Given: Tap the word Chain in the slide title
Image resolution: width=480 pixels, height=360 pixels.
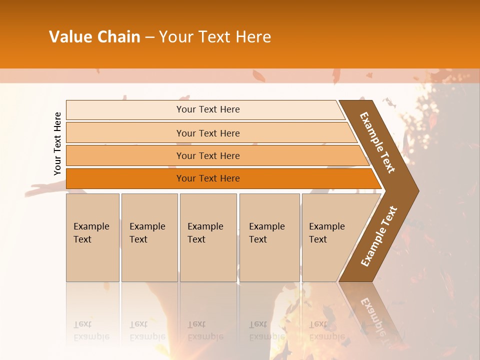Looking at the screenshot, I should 118,37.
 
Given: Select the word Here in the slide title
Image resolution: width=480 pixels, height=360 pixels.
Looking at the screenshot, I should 253,37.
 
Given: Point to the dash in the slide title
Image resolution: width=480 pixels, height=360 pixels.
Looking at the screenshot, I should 149,37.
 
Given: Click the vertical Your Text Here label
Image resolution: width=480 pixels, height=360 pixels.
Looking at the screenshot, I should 57,143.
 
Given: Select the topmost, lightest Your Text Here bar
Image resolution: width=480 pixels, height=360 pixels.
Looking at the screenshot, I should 207,109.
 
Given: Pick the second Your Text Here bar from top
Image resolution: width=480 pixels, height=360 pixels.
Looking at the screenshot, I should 207,133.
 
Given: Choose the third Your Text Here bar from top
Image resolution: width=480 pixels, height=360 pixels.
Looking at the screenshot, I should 207,155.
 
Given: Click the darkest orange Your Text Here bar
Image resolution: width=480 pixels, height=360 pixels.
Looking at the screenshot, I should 207,178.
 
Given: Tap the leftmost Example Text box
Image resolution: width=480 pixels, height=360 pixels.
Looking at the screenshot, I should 92,237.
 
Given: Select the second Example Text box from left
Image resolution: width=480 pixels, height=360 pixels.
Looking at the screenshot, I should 149,237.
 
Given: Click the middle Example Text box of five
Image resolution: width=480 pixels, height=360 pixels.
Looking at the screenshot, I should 208,237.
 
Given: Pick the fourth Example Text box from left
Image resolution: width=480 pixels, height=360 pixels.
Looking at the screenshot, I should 269,237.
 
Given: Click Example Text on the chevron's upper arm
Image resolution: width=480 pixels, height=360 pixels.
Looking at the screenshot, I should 377,142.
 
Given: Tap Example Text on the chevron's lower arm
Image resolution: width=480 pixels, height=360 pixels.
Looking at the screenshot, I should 379,236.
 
